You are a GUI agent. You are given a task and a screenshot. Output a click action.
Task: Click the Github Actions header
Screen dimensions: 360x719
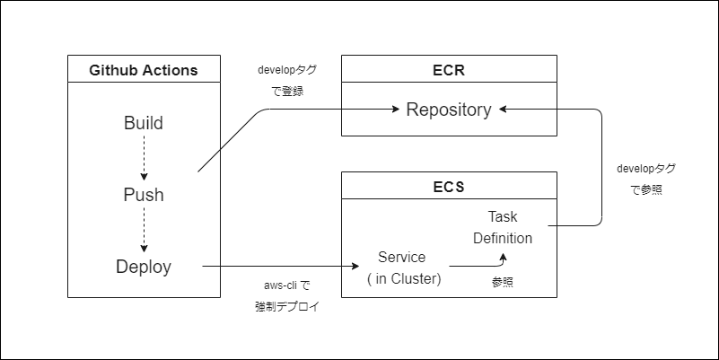click(x=144, y=70)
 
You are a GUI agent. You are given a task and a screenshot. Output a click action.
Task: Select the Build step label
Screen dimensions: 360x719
click(x=144, y=123)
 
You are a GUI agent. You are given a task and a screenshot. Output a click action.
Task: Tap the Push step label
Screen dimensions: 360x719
click(x=144, y=195)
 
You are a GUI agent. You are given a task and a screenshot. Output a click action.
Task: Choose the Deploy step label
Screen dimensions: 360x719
click(x=144, y=267)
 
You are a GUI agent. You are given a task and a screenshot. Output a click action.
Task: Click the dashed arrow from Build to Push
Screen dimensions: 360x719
click(x=144, y=159)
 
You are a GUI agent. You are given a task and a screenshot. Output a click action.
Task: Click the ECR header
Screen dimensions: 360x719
click(x=449, y=70)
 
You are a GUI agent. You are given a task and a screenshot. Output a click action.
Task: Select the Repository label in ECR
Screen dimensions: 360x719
click(x=449, y=110)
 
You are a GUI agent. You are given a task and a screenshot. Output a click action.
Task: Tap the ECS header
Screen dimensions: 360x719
click(x=449, y=187)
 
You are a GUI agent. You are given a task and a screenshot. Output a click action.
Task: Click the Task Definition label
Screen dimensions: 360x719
click(x=503, y=228)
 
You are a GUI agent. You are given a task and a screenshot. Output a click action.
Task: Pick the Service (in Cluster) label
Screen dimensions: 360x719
click(x=402, y=268)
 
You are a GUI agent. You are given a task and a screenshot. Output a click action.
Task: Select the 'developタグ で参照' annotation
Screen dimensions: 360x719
click(x=645, y=179)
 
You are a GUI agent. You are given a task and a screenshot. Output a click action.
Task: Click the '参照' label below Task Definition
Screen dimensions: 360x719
click(x=504, y=282)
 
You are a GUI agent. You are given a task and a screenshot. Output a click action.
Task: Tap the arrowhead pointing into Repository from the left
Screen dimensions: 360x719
click(x=395, y=110)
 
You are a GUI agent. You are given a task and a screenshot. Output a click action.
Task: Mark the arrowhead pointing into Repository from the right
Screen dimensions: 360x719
click(x=503, y=110)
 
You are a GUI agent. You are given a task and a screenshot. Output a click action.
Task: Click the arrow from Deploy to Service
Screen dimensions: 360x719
click(x=278, y=267)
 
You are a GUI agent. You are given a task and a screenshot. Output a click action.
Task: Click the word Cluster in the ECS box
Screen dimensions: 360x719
click(x=416, y=278)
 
